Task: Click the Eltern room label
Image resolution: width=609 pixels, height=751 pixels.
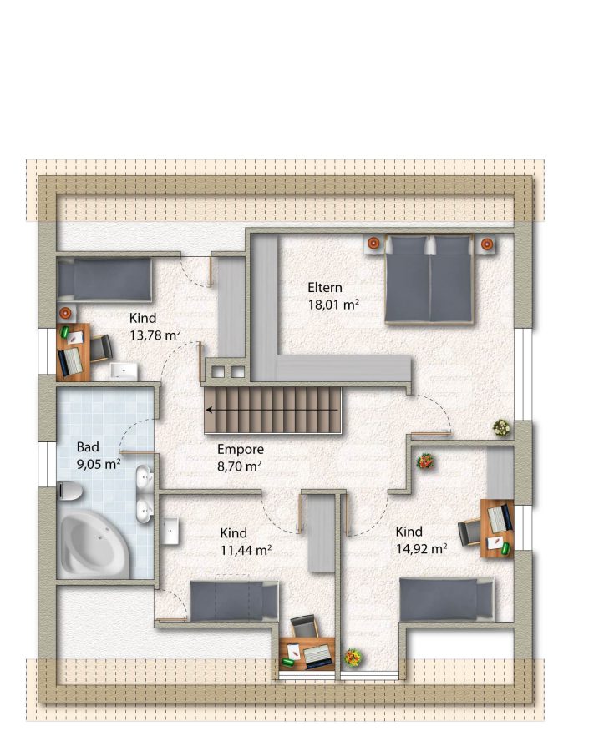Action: point(325,287)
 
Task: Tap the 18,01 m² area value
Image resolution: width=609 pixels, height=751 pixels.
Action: point(333,305)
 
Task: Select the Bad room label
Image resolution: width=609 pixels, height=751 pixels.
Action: point(88,447)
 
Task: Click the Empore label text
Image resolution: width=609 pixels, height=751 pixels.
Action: point(241,449)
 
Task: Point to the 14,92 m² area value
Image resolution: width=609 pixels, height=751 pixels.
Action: point(421,548)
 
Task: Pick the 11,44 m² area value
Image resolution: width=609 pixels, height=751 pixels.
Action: point(246,551)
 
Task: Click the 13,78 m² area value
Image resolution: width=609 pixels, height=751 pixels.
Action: point(155,335)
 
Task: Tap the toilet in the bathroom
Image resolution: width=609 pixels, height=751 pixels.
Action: point(69,491)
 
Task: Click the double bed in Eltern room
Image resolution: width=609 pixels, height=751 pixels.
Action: point(429,280)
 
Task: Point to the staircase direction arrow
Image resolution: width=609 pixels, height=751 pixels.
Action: point(272,410)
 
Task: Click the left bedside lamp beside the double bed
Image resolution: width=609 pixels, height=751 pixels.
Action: point(373,244)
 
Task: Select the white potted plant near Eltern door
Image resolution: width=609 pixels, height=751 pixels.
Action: point(501,427)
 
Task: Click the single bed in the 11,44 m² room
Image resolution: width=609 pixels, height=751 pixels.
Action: point(235,601)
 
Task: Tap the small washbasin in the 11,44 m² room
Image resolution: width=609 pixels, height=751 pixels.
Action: point(170,531)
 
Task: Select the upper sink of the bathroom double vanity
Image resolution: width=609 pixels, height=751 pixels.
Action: point(145,477)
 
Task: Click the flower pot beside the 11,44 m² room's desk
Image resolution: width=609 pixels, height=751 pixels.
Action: point(353,658)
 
